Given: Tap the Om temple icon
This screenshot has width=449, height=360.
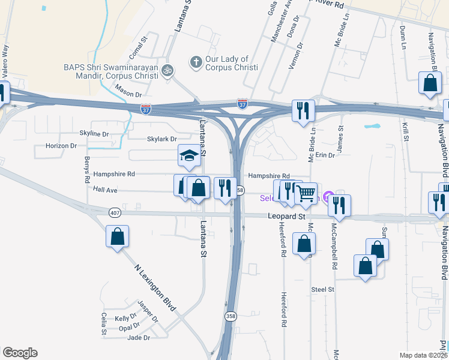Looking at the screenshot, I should click(x=169, y=70).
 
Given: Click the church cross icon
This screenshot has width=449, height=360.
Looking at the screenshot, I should click(x=195, y=61).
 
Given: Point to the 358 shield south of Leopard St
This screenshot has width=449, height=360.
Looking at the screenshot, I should click(x=231, y=316).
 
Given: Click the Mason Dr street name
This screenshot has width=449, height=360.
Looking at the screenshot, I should click(x=128, y=94).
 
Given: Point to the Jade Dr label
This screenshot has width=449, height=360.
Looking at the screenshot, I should click(x=139, y=338).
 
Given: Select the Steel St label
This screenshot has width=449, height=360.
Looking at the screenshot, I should click(x=322, y=289).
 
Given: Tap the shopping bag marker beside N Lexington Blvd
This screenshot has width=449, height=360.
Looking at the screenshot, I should click(x=117, y=236).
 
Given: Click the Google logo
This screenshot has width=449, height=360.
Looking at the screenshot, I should click(x=20, y=353).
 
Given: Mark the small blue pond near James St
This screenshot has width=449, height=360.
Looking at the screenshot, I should click(x=372, y=127).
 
